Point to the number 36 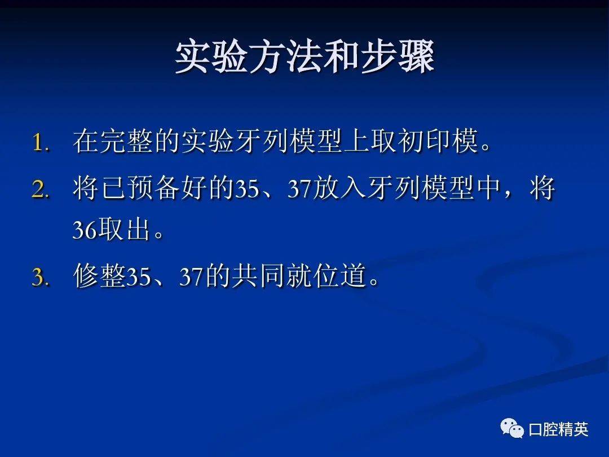click(x=85, y=231)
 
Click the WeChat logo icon click(x=512, y=429)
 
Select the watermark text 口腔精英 click(x=558, y=430)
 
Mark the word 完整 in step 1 click(x=126, y=142)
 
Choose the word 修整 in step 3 click(x=99, y=277)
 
